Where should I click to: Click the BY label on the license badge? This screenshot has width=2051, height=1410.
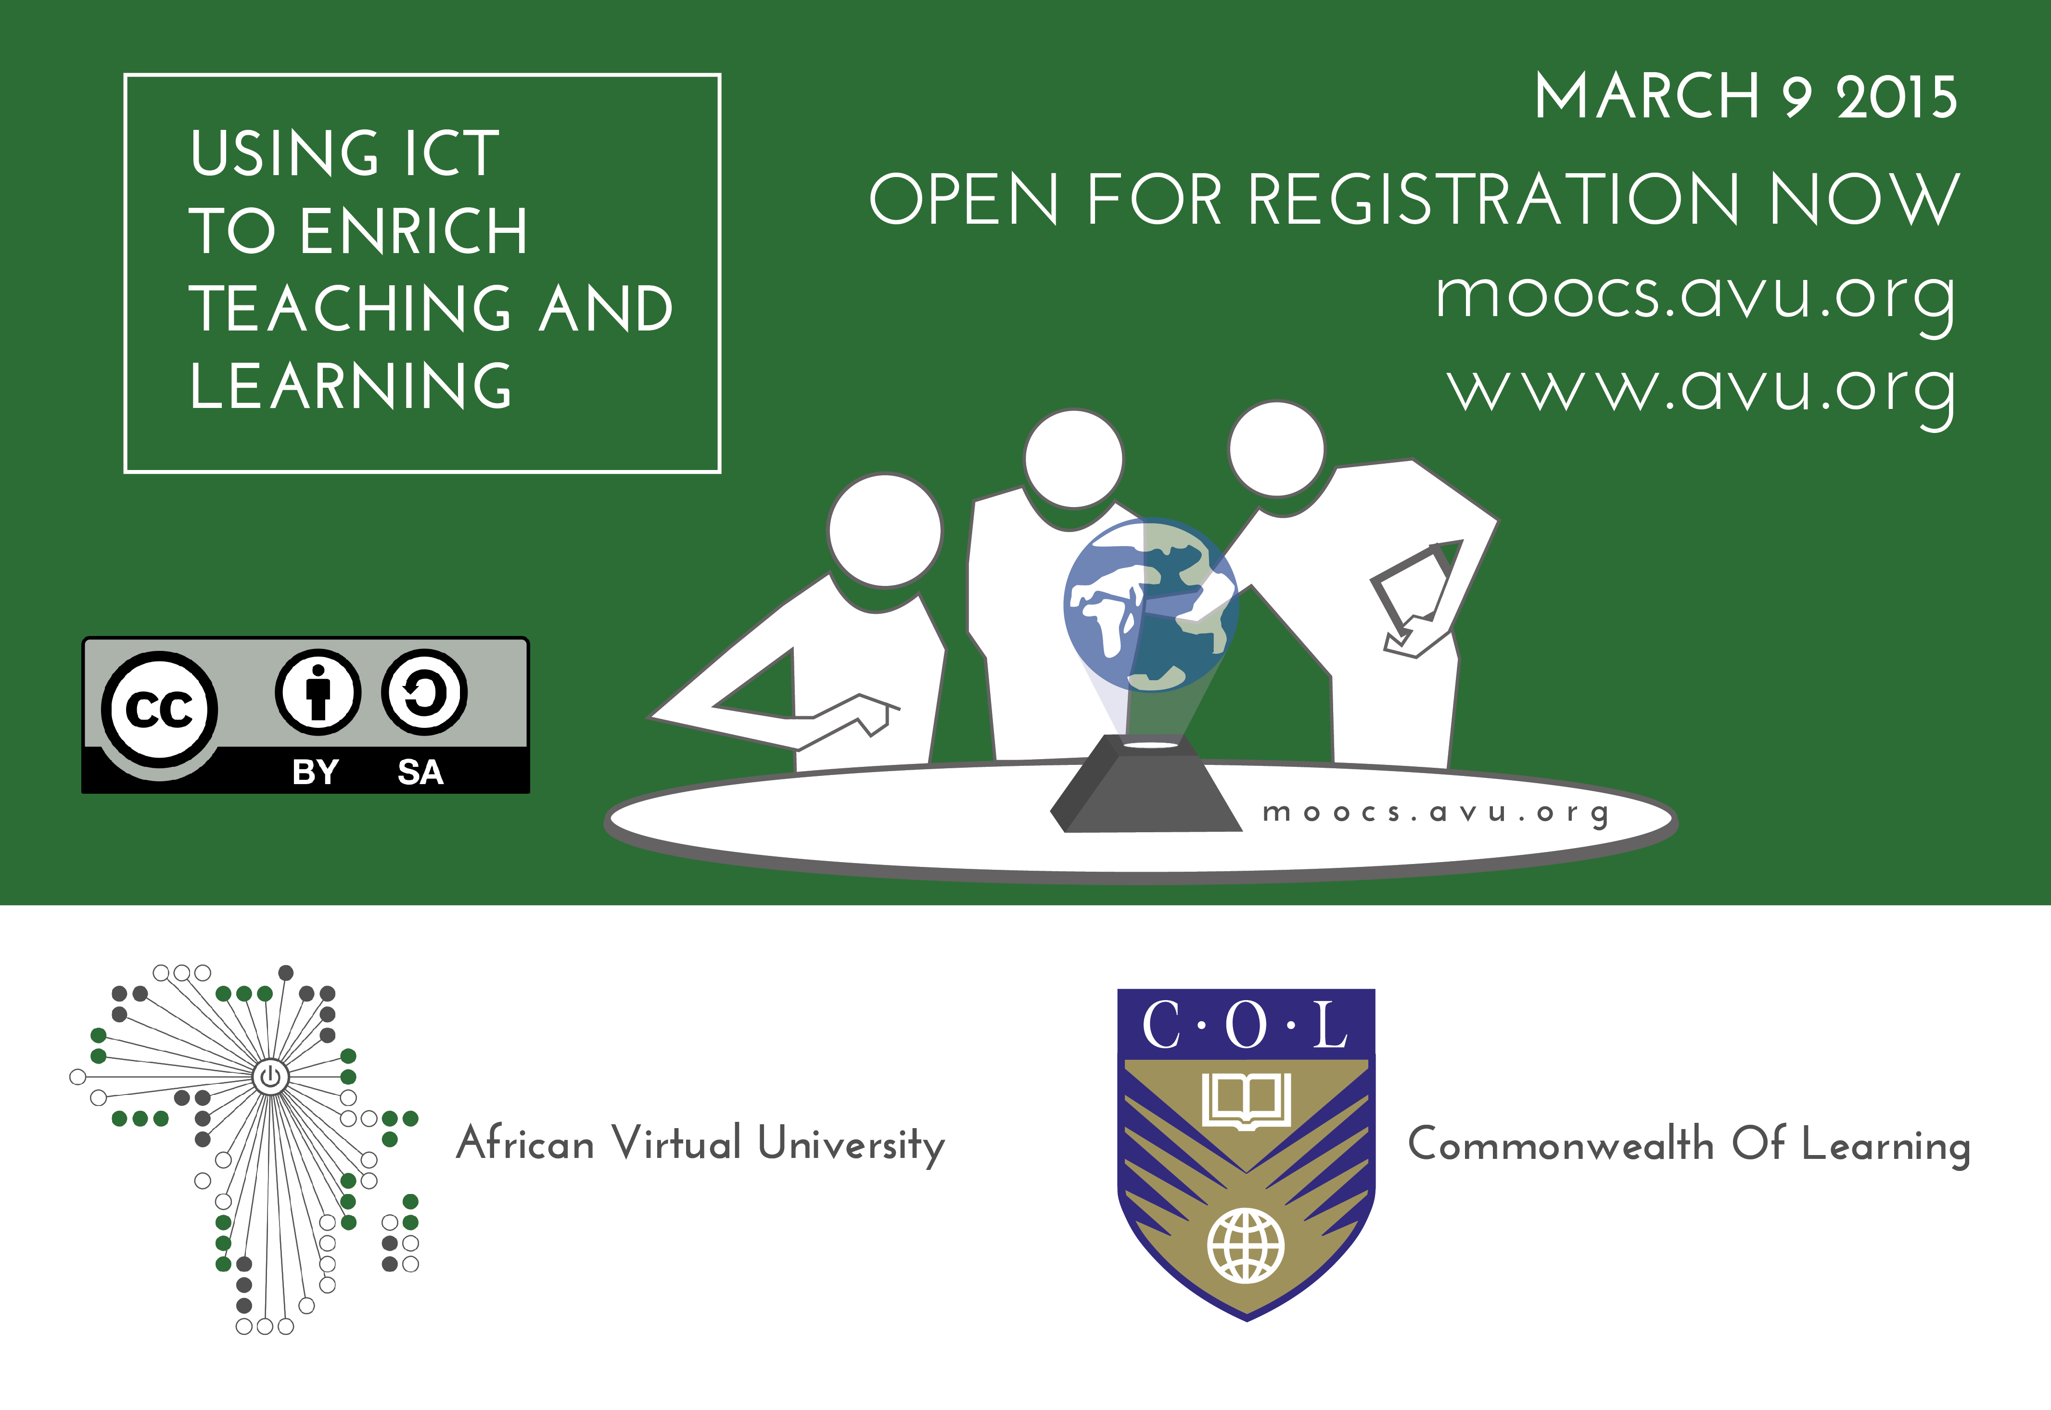click(x=315, y=772)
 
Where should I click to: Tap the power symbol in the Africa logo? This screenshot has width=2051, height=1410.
click(x=270, y=1076)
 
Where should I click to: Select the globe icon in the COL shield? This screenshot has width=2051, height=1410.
click(x=1246, y=1245)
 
